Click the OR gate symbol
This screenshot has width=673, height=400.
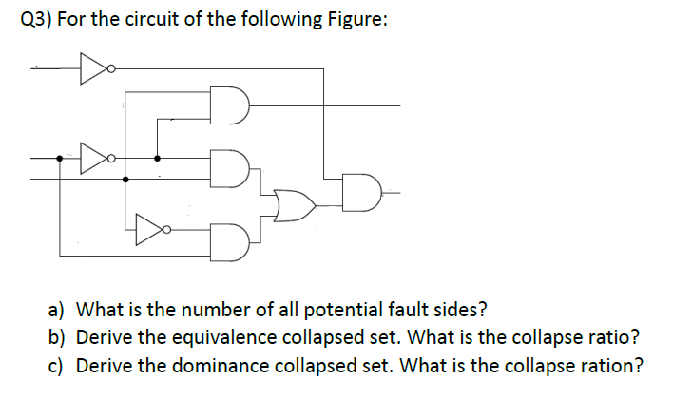293,202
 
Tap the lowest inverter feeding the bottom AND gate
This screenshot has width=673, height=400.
148,229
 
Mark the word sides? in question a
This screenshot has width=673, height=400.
455,311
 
